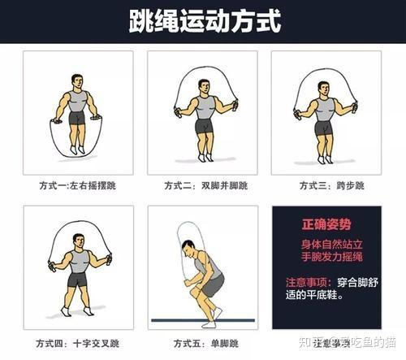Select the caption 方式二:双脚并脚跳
[202, 186]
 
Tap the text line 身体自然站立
[325, 245]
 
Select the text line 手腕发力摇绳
[325, 260]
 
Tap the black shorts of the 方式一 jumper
[77, 119]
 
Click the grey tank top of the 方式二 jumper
[205, 106]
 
